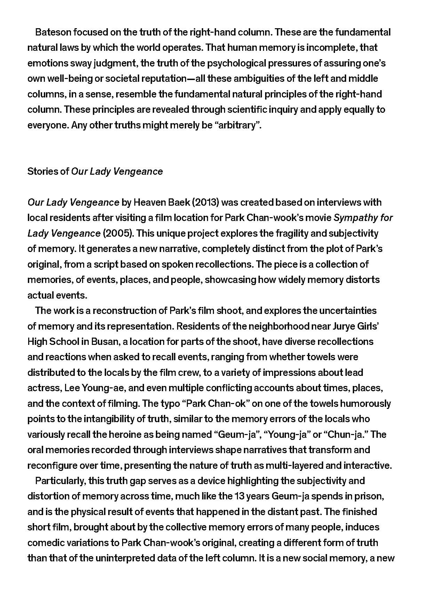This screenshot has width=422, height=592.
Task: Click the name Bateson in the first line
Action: (x=53, y=32)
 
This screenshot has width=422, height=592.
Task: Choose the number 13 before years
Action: (x=239, y=496)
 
